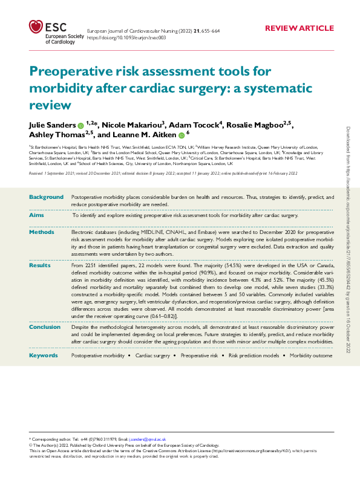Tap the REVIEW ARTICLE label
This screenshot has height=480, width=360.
coord(299,28)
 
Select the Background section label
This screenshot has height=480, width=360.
coord(46,197)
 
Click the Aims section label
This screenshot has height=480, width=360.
coord(37,215)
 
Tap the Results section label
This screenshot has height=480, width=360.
coord(40,265)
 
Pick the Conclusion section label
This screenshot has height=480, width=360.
coord(45,327)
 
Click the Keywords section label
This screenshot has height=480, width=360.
coord(44,355)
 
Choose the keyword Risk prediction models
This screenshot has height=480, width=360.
coord(254,355)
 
